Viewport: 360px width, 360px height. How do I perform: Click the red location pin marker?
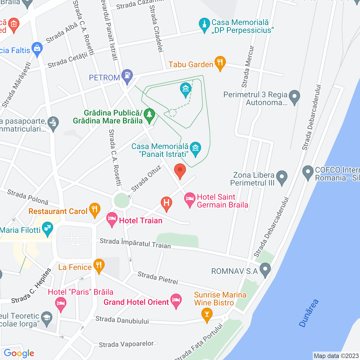180,170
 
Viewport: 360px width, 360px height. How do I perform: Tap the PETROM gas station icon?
127,76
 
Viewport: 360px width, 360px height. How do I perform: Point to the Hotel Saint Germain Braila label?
222,201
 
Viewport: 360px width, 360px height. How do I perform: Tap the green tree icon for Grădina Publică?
149,115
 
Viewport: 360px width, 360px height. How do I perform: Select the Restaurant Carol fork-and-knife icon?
94,210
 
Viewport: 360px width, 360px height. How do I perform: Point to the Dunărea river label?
309,313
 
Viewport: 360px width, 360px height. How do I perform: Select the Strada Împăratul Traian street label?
135,243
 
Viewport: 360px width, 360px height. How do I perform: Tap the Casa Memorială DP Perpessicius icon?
204,24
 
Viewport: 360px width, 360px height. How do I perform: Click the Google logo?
19,353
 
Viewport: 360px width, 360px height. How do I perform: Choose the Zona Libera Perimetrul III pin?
282,177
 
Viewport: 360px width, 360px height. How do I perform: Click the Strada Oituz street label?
146,178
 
